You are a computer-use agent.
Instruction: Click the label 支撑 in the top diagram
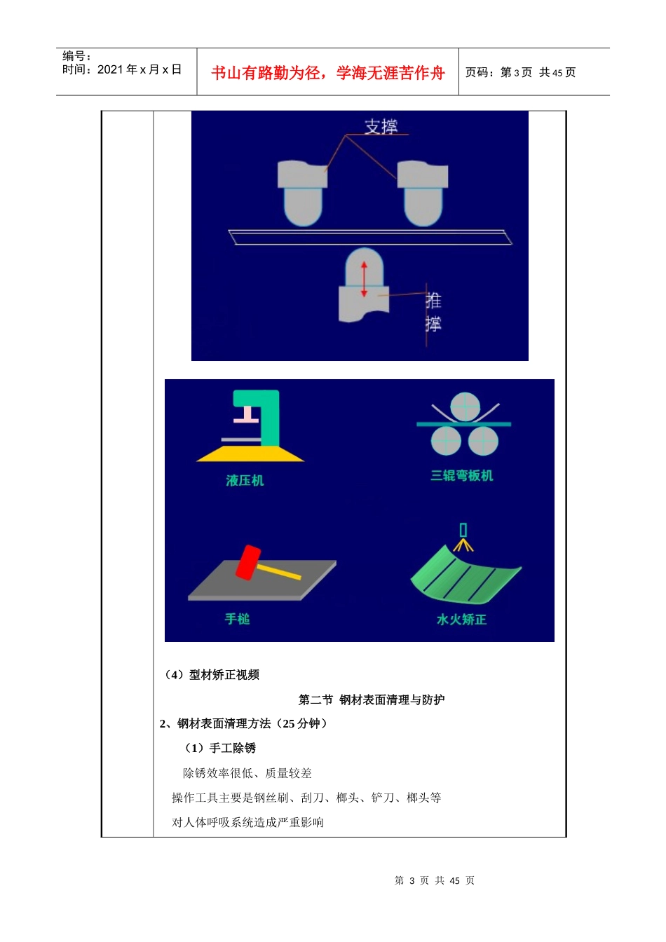381,127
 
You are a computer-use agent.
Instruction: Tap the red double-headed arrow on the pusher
364,279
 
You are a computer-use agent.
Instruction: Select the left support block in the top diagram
303,191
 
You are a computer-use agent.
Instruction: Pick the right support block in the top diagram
423,191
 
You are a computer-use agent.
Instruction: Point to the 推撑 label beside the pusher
433,313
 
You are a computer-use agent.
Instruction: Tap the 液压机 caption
245,481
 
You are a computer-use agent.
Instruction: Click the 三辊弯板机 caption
461,476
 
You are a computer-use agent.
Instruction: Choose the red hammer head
248,562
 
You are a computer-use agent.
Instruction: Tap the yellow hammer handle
280,572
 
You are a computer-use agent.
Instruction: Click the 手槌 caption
237,619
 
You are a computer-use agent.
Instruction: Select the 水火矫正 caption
461,620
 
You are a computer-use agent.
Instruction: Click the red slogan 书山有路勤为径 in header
328,73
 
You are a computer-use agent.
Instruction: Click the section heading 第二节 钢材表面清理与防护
371,699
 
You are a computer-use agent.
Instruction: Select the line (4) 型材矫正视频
212,675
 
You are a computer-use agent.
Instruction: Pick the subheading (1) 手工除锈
220,749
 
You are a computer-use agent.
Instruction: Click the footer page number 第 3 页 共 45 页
435,880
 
